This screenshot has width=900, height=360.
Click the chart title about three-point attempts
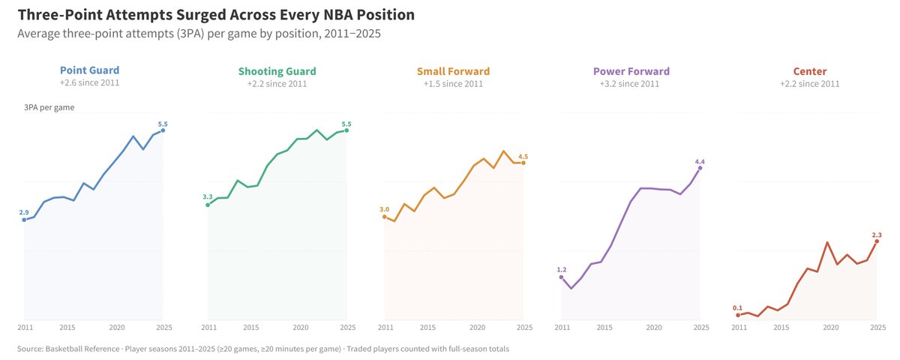216,15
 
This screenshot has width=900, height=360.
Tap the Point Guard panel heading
89,70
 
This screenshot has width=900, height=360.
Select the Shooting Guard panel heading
277,71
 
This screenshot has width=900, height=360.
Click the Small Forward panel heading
453,71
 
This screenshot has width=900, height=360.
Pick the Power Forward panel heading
631,71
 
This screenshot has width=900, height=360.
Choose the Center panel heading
809,71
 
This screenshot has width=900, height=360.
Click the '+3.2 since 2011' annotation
629,84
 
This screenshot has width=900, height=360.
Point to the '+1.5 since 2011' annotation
453,84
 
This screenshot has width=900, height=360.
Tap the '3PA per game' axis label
49,108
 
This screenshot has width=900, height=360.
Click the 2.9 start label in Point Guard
24,212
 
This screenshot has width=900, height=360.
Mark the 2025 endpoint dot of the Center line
877,241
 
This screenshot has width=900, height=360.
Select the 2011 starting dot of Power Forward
561,277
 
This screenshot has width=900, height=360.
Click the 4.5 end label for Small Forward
523,157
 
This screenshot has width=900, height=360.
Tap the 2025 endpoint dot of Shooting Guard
346,130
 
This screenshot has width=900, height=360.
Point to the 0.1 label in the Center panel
737,308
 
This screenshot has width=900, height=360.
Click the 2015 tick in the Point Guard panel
67,328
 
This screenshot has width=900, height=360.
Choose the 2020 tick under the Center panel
830,328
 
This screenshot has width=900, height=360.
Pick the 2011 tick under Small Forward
385,328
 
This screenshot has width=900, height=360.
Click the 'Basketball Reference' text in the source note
82,349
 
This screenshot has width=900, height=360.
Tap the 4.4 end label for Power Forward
700,162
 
